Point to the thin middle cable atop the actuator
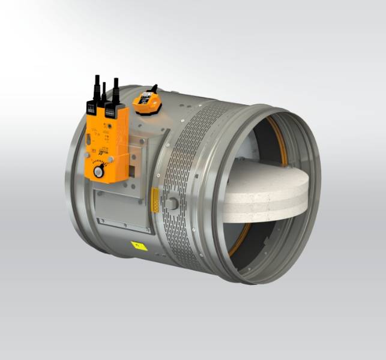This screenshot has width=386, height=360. [x=104, y=93]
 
